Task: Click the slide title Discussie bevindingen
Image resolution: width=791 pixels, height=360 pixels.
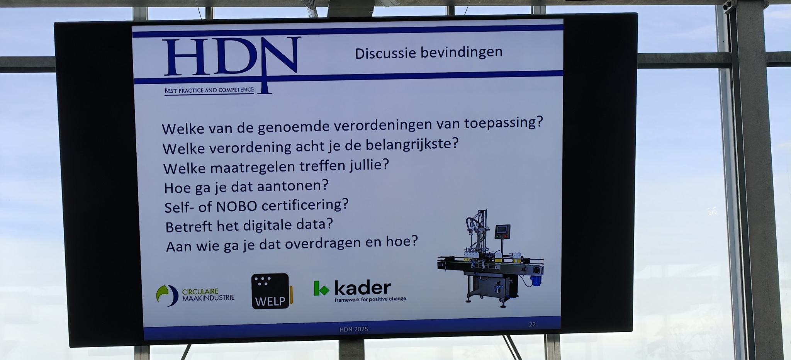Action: tap(429, 53)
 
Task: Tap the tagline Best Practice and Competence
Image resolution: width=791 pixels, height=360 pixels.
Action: tap(209, 90)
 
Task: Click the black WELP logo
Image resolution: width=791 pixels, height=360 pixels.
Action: tap(272, 291)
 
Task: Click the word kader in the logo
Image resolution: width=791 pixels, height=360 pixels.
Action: tap(362, 288)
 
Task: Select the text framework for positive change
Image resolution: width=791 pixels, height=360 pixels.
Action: tap(370, 299)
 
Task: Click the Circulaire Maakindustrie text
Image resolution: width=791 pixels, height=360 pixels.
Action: tap(208, 295)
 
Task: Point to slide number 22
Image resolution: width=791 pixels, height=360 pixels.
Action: tap(532, 324)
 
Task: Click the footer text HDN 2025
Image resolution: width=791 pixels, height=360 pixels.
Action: tap(354, 329)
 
